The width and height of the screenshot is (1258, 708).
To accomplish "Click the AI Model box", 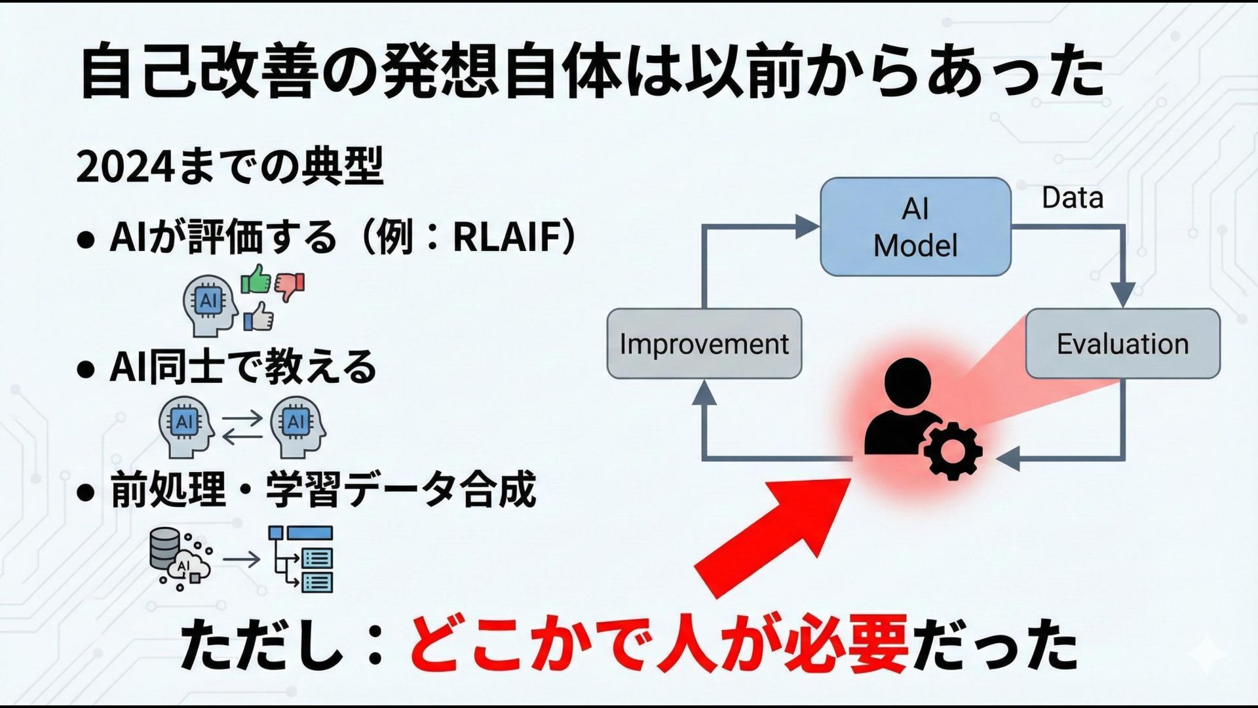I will pos(915,227).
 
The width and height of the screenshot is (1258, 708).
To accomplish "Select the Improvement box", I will pos(704,344).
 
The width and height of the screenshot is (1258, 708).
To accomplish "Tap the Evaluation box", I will pos(1122,344).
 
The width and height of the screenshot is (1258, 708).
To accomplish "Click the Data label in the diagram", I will pos(1073,197).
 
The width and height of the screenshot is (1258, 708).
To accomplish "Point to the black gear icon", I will pos(953,451).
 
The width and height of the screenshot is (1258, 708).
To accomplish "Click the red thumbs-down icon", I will pos(290,286).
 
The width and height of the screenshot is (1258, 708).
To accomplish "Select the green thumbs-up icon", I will pos(256,280).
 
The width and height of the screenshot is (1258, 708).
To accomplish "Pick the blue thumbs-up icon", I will pos(259,317).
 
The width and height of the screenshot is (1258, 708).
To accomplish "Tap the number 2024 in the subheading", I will pos(124,168).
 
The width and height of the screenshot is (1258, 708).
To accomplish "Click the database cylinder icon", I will pos(164,547).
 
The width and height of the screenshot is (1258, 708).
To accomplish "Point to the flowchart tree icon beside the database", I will pos(302,559).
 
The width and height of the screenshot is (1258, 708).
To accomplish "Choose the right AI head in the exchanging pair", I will pos(297,426).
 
